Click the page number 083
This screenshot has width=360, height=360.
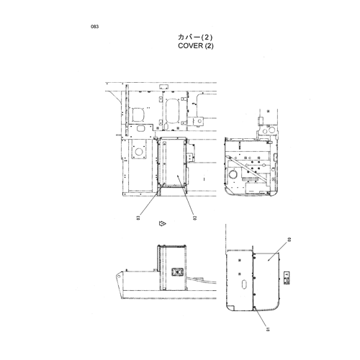94,27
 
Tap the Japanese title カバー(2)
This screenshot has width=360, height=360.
195,37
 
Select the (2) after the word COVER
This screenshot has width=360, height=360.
209,46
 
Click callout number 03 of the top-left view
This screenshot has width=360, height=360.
138,218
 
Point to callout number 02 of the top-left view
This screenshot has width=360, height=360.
195,218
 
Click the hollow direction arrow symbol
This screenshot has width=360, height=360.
163,223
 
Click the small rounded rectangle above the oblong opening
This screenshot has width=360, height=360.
163,86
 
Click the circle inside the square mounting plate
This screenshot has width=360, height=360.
139,152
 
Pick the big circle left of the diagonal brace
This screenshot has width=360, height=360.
233,174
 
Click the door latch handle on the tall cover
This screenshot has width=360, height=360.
177,272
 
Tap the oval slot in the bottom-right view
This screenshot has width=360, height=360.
244,284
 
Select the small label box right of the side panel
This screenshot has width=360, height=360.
287,278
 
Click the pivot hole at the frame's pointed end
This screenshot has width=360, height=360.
120,276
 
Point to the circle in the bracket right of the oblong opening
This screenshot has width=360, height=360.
199,121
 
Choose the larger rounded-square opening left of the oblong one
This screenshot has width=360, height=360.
139,114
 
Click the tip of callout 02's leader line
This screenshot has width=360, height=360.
177,176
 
